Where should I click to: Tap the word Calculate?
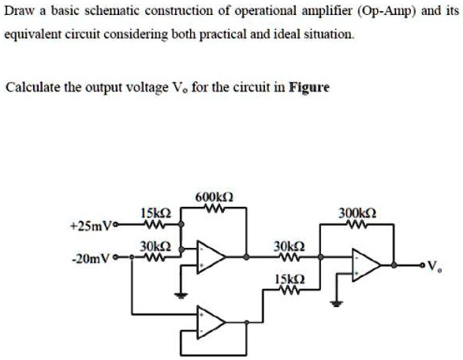30,87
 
